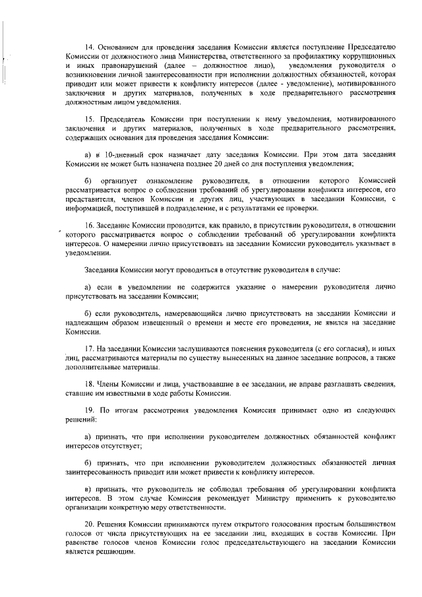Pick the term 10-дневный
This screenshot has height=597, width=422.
tap(125, 153)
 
